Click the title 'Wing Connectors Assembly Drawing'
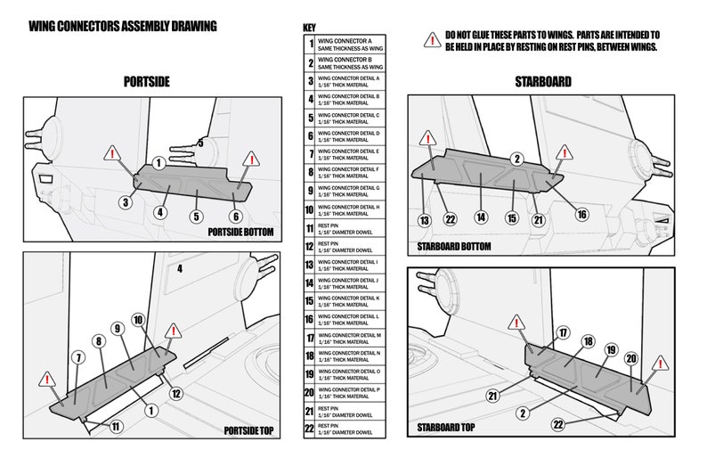click(122, 27)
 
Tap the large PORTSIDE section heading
click(147, 82)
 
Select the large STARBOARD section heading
click(542, 82)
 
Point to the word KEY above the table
click(310, 28)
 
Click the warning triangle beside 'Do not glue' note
click(432, 38)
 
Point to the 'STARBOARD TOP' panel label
click(445, 428)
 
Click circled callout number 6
click(235, 216)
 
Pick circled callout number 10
click(138, 319)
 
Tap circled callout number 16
click(581, 214)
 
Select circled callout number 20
click(630, 358)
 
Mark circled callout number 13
click(425, 220)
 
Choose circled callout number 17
click(562, 332)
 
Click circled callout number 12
click(176, 393)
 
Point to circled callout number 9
click(117, 329)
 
